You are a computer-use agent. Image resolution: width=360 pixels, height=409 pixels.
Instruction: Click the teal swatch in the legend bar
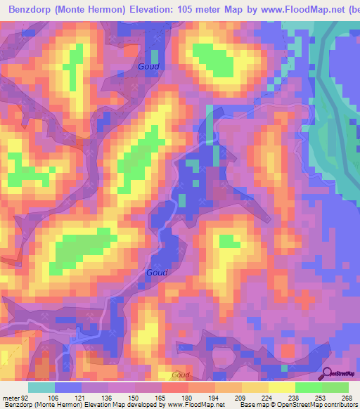(41, 387)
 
